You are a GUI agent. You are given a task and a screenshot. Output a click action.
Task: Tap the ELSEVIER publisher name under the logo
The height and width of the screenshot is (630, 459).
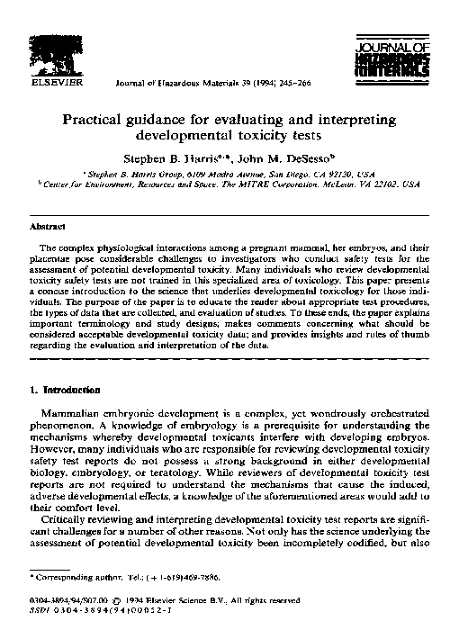[58, 81]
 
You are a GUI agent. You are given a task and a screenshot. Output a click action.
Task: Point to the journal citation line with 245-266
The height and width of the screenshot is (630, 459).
[181, 82]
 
